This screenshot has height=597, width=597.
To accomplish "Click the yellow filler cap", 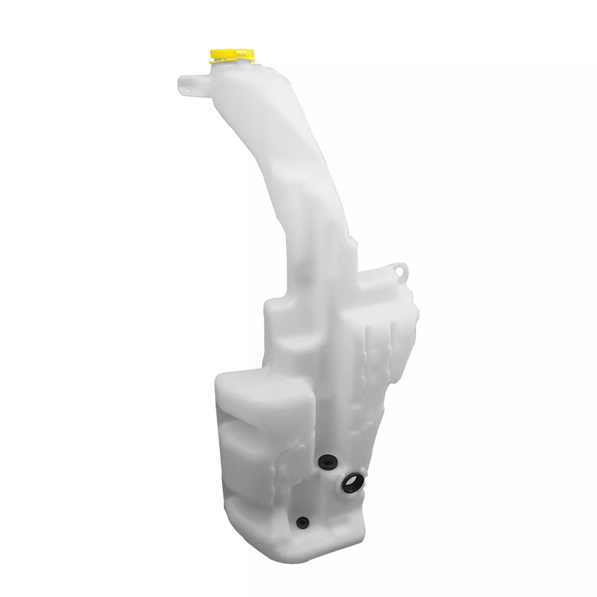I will (x=232, y=55).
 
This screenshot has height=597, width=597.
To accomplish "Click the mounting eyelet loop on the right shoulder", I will (x=401, y=270).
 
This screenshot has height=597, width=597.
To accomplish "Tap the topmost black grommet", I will (x=327, y=463).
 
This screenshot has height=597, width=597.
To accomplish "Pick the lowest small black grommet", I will (x=303, y=523).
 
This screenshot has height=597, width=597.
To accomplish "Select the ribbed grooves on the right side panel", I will (x=380, y=347).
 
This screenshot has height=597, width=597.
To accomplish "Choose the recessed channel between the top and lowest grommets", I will (x=315, y=491).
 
